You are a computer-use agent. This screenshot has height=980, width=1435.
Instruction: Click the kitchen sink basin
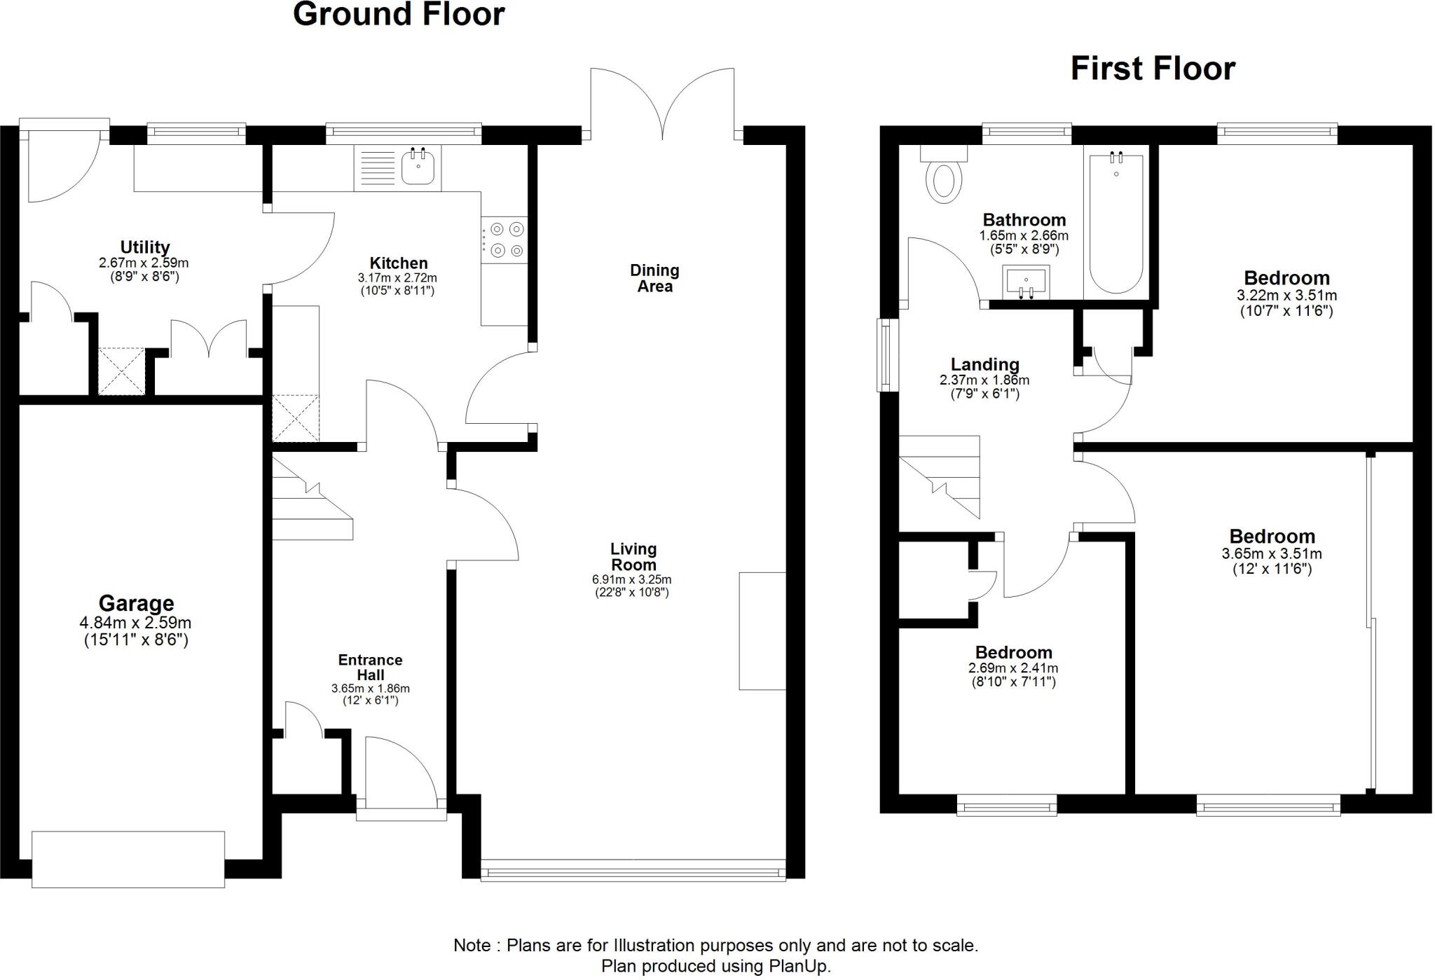coord(418,169)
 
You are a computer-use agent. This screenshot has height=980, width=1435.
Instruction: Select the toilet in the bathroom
coord(944,179)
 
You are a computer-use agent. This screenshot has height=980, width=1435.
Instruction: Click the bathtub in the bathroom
coord(1116,222)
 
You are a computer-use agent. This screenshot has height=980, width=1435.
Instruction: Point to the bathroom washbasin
coord(1026,281)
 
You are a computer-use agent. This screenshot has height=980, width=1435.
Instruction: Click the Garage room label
coord(136,603)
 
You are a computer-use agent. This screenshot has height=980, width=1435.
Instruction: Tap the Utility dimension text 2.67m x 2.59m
coord(144,263)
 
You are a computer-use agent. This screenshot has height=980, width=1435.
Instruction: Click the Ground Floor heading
coord(398,15)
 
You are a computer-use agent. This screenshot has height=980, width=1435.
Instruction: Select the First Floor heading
coord(1153,69)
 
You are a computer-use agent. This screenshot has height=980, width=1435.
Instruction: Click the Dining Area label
coord(654,278)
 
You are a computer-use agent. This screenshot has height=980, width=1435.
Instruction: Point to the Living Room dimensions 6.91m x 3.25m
coord(631,580)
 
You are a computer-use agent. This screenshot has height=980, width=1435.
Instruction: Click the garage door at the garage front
coord(128,859)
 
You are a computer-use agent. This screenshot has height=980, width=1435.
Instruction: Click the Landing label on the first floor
coord(984,364)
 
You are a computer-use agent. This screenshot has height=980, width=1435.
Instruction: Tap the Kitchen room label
coord(398,263)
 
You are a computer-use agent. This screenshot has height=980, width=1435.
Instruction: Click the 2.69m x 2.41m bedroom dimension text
coord(1012,668)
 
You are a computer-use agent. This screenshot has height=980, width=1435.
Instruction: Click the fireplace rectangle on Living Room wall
coord(762,631)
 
